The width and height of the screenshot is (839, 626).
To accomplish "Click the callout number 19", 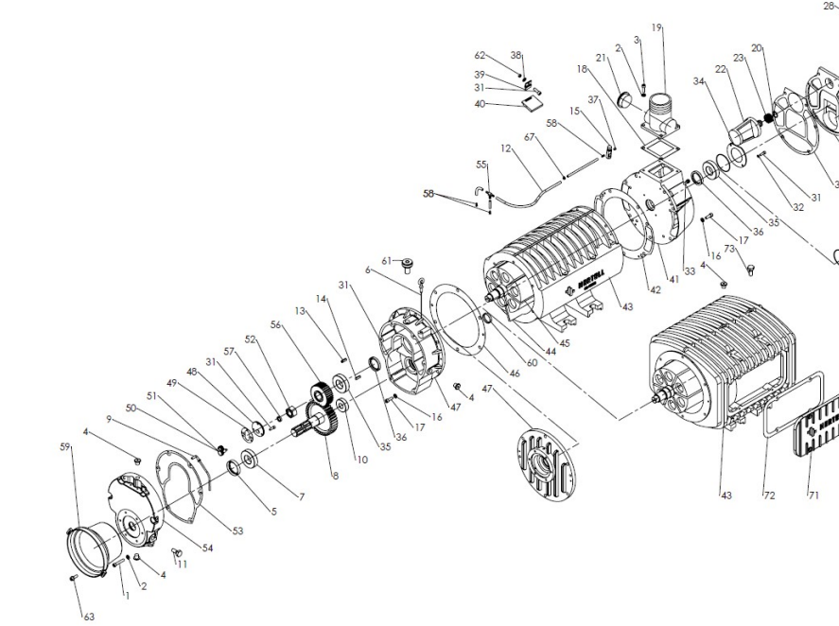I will (655, 27).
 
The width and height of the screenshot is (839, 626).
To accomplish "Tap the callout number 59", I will (65, 446).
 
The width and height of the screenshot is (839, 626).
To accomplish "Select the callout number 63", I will (89, 617).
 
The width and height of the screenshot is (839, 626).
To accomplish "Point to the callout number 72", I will (768, 495).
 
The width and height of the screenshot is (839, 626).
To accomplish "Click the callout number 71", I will (813, 495).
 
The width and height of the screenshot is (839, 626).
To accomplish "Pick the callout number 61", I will (386, 260).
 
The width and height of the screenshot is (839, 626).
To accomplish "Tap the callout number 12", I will (506, 148).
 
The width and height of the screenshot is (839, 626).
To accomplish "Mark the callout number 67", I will (530, 137).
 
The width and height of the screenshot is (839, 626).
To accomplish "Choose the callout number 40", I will (480, 104).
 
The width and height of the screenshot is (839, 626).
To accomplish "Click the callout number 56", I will (276, 324).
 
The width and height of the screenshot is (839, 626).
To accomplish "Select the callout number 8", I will (334, 477).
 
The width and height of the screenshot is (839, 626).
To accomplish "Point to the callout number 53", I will (237, 531).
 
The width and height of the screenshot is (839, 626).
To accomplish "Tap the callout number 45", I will (564, 343).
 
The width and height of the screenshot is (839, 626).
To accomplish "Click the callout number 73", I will (729, 249).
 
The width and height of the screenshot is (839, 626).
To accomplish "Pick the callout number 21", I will (600, 58).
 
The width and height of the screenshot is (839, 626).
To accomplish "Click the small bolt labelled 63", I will (73, 577).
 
